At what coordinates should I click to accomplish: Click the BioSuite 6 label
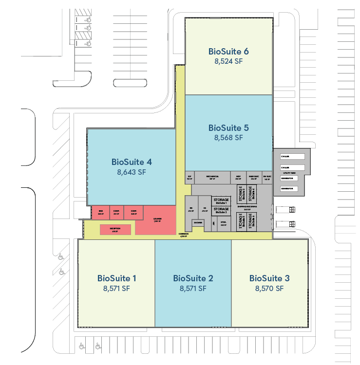coord(228,51)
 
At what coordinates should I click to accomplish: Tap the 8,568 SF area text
coord(228,138)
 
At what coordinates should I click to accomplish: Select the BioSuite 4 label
coord(132,162)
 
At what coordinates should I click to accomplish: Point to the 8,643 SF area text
coord(132,172)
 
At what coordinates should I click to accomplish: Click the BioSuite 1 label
coord(116,278)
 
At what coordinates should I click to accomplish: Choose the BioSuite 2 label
coord(193,278)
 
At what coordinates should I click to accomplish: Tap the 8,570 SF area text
coord(269,288)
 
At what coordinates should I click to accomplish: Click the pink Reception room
coord(115,229)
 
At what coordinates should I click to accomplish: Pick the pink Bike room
coord(101,212)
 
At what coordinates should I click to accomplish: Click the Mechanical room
coord(212,177)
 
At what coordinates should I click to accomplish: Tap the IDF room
coord(189,177)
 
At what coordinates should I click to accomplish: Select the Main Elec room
coord(253,177)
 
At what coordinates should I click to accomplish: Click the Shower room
coord(198,223)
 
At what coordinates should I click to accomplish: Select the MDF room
coord(238,177)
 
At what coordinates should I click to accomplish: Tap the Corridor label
coord(183,235)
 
